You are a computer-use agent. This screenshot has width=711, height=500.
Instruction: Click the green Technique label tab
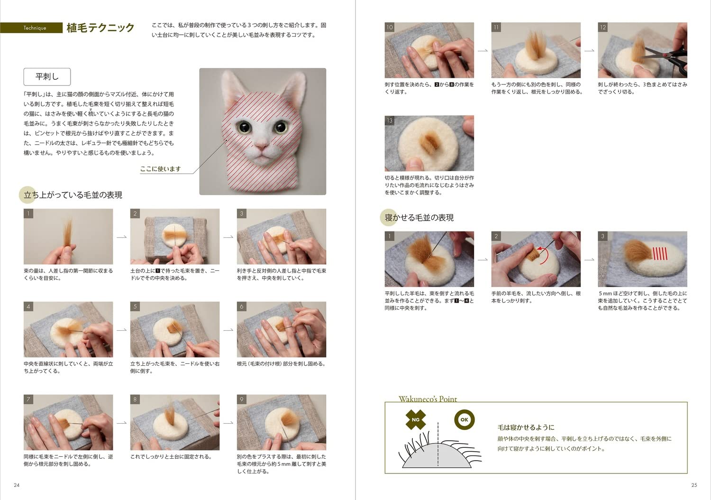[x=31, y=28]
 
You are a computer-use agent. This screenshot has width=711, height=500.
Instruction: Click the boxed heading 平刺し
[x=47, y=76]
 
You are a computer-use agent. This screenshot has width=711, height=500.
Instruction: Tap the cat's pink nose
[x=262, y=147]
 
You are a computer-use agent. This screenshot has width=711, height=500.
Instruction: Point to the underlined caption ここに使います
[x=160, y=169]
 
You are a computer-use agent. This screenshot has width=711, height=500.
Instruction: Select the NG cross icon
[x=416, y=420]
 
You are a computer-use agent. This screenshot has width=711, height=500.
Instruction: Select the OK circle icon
[x=465, y=420]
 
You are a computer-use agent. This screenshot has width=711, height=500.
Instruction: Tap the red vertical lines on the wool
[x=660, y=253]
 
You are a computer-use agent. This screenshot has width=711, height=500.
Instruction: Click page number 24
[x=17, y=485]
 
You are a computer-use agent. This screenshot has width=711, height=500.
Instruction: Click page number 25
[x=694, y=485]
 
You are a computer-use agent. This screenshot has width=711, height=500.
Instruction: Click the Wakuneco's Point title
[x=428, y=399]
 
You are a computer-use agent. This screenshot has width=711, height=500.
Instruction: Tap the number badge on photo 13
[x=390, y=120]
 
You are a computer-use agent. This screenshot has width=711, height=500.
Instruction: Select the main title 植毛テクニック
[x=100, y=28]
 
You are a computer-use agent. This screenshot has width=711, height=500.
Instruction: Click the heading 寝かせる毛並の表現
[x=419, y=218]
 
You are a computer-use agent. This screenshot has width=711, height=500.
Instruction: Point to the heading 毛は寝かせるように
[x=526, y=427]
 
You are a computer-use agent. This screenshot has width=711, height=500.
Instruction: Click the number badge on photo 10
[x=390, y=28]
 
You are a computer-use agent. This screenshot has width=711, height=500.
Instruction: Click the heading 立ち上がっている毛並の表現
[x=73, y=194]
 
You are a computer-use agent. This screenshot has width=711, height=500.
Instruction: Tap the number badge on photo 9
[x=242, y=399]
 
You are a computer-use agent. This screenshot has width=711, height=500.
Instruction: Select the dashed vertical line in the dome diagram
[x=438, y=444]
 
